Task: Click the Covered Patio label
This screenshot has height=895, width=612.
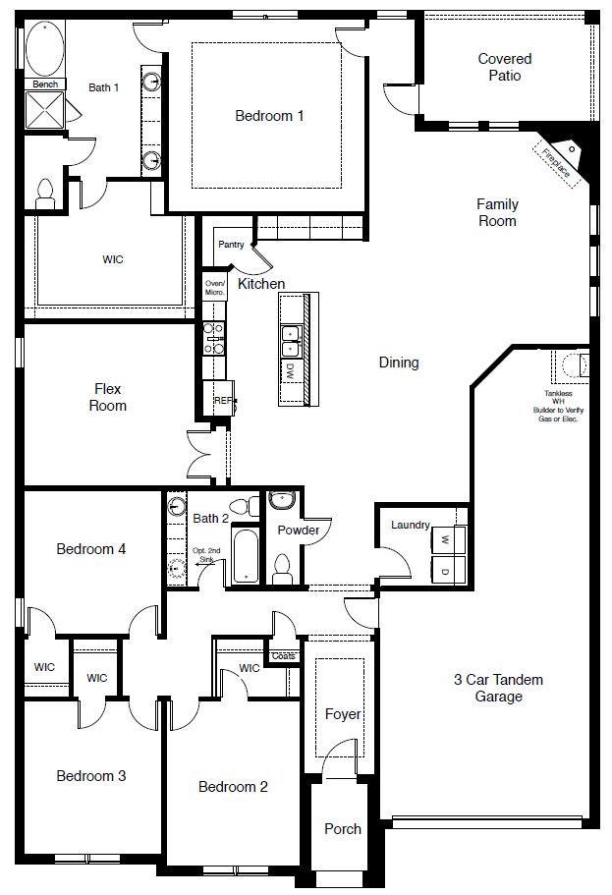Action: [x=505, y=67]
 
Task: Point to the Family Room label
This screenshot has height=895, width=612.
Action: [x=497, y=212]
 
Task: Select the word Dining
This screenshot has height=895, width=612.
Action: [x=399, y=363]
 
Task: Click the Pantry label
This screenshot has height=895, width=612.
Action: [x=231, y=245]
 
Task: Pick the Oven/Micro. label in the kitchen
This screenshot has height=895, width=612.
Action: [x=215, y=286]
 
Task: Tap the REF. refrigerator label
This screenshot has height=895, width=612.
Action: [x=223, y=401]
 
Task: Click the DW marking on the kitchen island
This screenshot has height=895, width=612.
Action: [x=291, y=371]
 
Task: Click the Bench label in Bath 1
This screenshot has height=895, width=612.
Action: [x=44, y=84]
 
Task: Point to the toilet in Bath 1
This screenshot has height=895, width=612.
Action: [x=44, y=194]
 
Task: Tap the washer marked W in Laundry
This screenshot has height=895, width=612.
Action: [x=444, y=539]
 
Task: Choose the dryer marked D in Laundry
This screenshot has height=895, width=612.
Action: [x=444, y=571]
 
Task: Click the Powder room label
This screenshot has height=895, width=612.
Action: [x=299, y=530]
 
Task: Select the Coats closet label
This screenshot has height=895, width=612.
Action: [x=283, y=655]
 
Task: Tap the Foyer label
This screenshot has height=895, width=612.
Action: [x=343, y=714]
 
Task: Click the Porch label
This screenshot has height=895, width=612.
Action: [x=343, y=828]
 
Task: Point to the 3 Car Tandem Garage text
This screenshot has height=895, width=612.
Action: [x=498, y=688]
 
